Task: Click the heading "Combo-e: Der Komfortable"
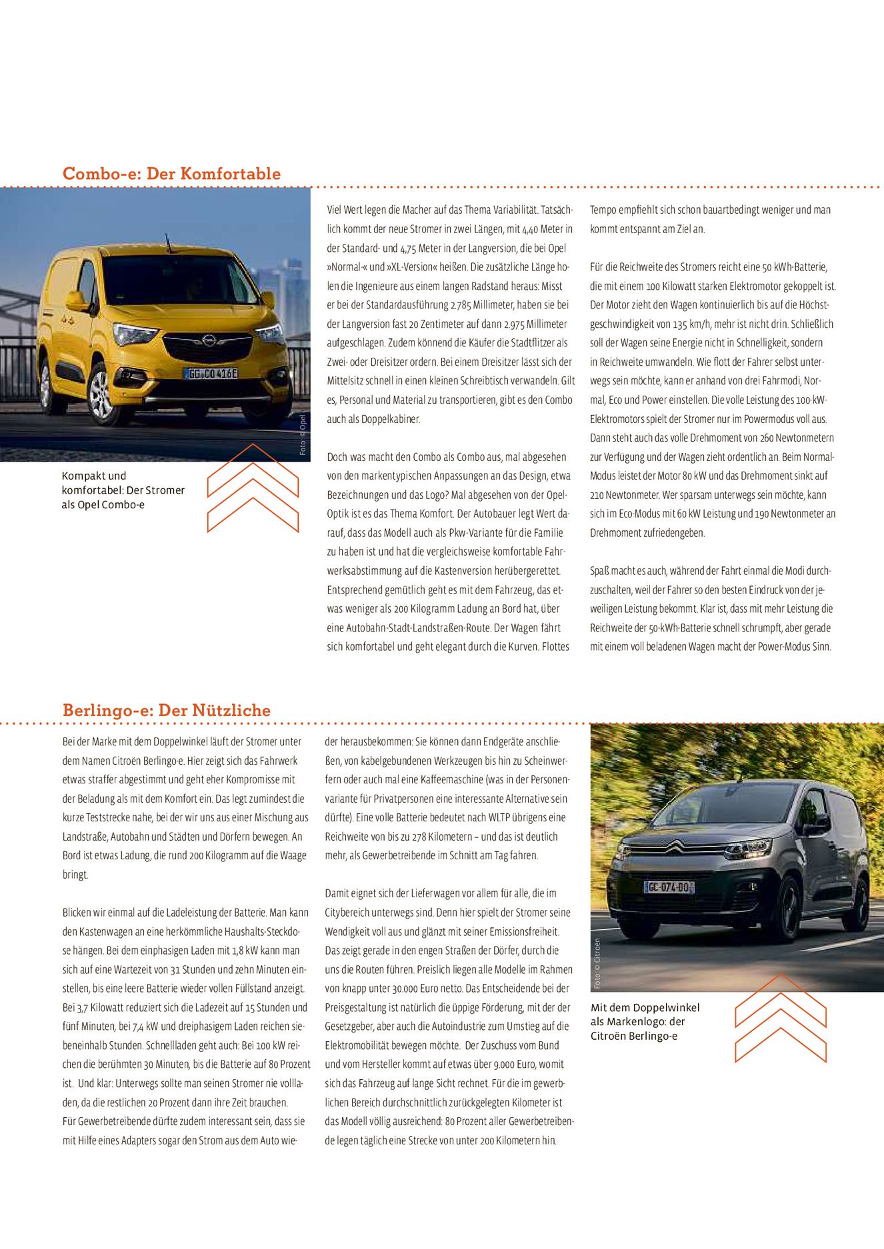pos(171,174)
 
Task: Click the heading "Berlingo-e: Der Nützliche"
pos(166,710)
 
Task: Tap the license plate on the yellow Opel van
pos(211,374)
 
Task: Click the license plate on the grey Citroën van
pos(669,887)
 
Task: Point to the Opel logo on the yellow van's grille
pos(209,340)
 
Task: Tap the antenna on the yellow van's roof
pos(168,242)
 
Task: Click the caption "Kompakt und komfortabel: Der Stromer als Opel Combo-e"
pos(123,490)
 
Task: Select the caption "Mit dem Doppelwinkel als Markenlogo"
pos(645,1021)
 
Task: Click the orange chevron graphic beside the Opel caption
pos(253,488)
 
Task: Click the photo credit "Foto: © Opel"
pos(303,435)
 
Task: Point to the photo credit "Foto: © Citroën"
pos(597,963)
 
